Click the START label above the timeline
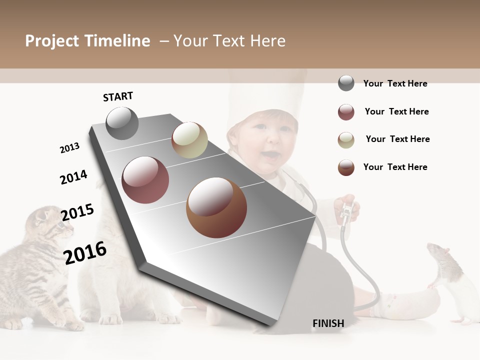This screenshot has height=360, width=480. pos(118,96)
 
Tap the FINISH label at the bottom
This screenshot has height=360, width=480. pos(328,323)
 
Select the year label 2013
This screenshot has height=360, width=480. pos(69,148)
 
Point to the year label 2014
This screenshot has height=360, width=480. pos(73,177)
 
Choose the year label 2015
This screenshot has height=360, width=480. pos(77,212)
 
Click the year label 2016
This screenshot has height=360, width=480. pos(85,252)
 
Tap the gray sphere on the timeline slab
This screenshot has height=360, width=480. pos(122,123)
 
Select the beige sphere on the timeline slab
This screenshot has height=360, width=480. pos(189,140)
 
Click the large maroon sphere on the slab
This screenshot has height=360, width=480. pos(145,180)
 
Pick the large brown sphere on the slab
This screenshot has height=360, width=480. pos(216,207)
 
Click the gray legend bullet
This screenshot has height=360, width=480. pos(346,83)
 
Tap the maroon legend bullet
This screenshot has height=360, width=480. pos(346,112)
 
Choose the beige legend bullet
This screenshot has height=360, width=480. pos(346,140)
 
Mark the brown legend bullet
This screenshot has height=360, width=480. pos(346,167)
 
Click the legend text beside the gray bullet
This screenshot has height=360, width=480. pos(395,83)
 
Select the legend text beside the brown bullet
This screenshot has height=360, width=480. pos(395,167)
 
